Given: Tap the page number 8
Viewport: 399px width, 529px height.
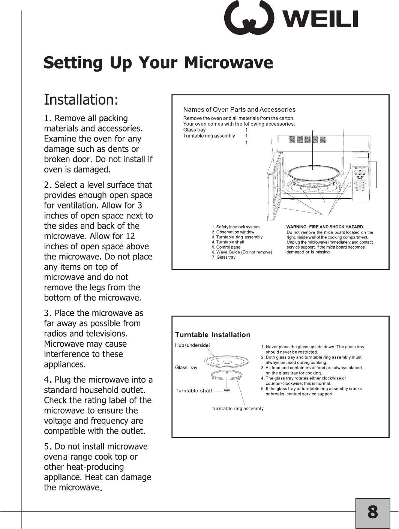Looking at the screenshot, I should [372, 512].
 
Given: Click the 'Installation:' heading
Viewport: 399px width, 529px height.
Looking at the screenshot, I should [81, 100].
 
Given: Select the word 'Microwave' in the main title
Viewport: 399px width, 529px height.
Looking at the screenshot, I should [228, 63].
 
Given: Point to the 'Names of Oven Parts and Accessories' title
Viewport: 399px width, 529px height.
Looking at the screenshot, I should [239, 110].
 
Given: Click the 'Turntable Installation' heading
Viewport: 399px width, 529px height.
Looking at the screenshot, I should [213, 335].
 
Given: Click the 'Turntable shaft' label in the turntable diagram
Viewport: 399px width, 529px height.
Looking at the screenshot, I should [194, 391].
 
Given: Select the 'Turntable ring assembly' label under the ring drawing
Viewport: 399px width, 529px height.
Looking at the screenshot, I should [237, 408].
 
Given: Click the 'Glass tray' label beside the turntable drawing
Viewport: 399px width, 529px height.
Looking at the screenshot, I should [186, 367].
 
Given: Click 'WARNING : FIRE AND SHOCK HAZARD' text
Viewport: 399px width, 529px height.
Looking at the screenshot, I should [325, 227].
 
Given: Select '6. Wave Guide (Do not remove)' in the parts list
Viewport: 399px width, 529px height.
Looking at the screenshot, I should [242, 252].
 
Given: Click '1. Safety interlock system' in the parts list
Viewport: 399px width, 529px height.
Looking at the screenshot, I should [235, 227].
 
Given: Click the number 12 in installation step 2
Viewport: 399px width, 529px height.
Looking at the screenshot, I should [130, 236].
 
